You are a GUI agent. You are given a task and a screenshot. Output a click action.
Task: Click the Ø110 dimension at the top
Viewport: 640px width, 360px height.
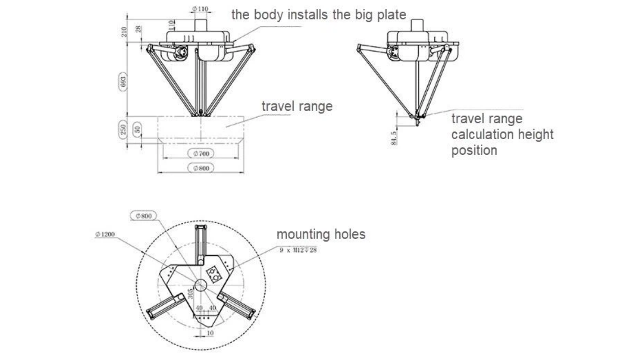point(201,9)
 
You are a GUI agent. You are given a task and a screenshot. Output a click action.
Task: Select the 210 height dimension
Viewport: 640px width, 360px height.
point(124,31)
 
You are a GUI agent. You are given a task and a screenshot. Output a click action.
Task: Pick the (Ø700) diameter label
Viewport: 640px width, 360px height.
point(200,153)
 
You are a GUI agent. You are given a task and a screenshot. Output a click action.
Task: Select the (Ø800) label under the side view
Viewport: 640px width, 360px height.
point(200,168)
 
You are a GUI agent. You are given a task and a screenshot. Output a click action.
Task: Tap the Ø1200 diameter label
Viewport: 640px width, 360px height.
point(105,234)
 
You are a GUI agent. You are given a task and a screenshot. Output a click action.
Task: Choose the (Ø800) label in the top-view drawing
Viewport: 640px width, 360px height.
point(143,216)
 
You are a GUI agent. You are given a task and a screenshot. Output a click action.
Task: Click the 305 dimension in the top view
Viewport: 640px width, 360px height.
point(191,294)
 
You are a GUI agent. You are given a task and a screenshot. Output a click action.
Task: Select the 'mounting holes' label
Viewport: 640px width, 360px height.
point(320,234)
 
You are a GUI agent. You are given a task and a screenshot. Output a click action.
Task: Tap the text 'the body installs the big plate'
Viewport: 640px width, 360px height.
point(319,15)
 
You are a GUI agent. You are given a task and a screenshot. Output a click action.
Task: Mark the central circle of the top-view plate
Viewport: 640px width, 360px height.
point(201,285)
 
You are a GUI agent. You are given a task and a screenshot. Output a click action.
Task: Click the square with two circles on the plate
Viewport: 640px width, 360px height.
point(214,273)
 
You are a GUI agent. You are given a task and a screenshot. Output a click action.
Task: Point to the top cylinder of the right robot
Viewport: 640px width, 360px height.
point(417,25)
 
